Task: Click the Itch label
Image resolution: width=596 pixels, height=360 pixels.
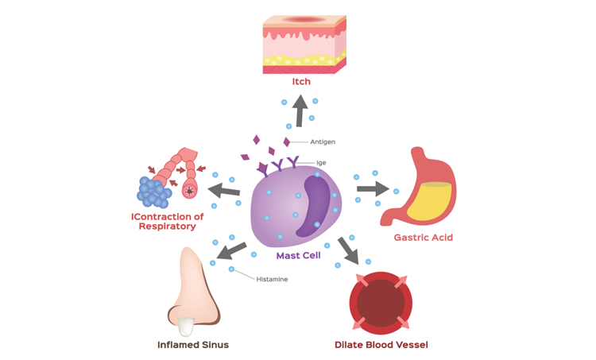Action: [x=300, y=82]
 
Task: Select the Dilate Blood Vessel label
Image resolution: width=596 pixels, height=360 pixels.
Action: [x=381, y=344]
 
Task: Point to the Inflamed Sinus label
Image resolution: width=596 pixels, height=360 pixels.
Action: [x=192, y=344]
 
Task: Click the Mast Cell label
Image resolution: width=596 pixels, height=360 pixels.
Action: [x=298, y=255]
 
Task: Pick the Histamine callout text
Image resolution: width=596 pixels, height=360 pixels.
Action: [x=272, y=280]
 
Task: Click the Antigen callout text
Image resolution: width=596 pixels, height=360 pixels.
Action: [x=323, y=142]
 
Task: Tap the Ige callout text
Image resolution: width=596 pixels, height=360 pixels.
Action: [x=321, y=162]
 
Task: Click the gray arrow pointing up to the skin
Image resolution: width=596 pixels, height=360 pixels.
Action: [x=300, y=111]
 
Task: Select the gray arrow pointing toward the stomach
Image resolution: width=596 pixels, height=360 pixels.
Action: [x=370, y=188]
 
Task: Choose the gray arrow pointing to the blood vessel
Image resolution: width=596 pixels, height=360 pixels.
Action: [x=348, y=250]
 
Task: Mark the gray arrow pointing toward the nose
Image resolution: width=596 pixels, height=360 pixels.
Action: [x=231, y=251]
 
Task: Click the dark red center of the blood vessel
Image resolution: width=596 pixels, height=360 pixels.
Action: [x=381, y=302]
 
